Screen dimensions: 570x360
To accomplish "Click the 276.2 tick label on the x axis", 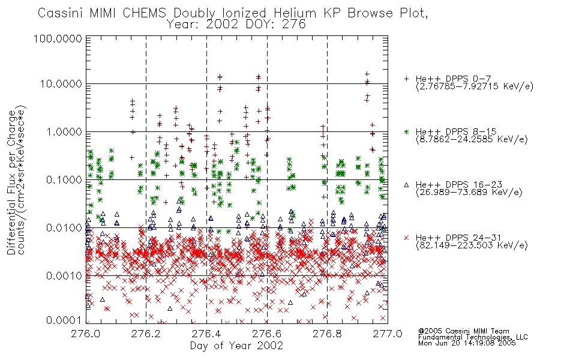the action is (146, 334).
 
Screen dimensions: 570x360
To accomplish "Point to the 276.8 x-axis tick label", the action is (327, 334).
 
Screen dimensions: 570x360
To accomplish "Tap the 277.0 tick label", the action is (388, 334).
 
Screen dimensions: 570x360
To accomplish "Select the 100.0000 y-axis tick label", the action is (58, 38).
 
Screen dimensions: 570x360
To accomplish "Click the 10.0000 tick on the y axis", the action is (61, 84).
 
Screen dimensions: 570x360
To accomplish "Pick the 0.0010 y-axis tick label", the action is (64, 275).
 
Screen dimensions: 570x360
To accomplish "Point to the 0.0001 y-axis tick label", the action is (64, 320).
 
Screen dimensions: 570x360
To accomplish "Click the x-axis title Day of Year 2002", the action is (236, 346).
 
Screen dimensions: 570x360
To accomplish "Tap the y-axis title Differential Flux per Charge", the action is (11, 182).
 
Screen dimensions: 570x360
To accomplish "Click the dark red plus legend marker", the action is (406, 79).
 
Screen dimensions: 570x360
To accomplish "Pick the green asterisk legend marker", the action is (406, 131).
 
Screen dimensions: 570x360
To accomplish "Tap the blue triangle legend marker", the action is (406, 185).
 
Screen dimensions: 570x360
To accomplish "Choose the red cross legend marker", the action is (406, 238).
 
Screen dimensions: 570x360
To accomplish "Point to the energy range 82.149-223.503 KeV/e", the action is (472, 245).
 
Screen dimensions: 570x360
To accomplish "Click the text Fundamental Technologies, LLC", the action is (473, 337).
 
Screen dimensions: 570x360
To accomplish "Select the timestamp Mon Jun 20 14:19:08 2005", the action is (467, 343).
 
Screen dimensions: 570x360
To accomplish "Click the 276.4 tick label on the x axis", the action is (206, 334).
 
